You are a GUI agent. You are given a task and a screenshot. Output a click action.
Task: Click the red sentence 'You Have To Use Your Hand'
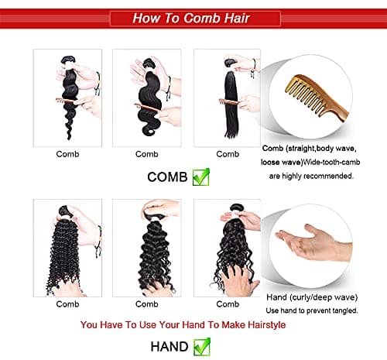click(182, 324)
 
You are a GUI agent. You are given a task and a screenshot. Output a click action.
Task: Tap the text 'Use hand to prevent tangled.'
click(312, 310)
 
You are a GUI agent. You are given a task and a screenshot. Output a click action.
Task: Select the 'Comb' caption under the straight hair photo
click(228, 154)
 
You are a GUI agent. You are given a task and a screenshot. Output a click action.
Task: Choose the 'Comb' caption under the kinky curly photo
click(67, 303)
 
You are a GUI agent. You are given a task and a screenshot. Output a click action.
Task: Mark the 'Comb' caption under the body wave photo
click(147, 154)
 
